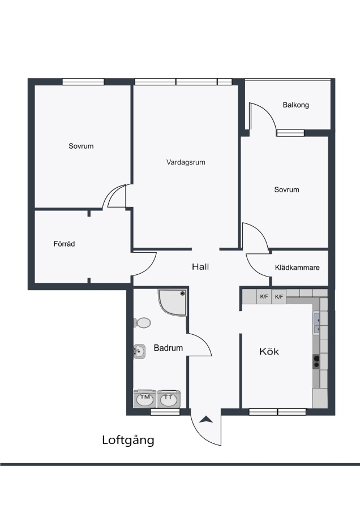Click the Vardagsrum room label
[x=186, y=162]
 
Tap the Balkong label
[x=295, y=105]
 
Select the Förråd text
[x=64, y=244]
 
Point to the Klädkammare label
[x=297, y=268]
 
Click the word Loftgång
[x=128, y=441]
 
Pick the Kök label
[x=269, y=351]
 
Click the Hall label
[x=200, y=267]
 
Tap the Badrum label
[x=168, y=348]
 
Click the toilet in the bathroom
[x=142, y=323]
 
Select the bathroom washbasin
[x=139, y=351]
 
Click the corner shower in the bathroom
[x=173, y=303]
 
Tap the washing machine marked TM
[x=145, y=399]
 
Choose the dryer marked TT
[x=168, y=399]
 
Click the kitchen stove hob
[x=316, y=361]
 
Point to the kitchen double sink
[x=316, y=323]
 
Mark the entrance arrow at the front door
[x=206, y=420]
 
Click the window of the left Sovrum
[x=83, y=82]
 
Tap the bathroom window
[x=165, y=412]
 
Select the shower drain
[x=183, y=294]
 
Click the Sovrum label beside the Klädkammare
[x=286, y=189]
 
